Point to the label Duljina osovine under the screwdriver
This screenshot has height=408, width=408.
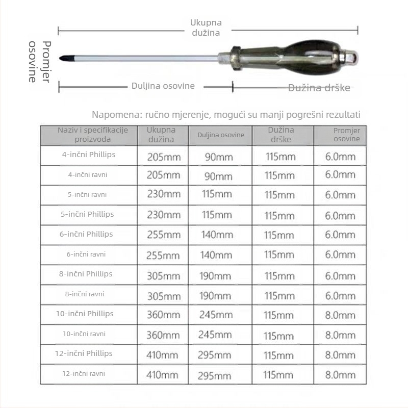(x=163, y=86)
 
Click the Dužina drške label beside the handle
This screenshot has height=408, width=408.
(x=319, y=88)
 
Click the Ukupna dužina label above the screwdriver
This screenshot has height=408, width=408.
(x=206, y=28)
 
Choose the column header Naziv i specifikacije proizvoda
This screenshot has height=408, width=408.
(x=89, y=135)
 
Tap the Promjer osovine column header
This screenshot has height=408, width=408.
(x=347, y=135)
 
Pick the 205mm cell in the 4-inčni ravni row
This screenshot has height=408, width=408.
(x=163, y=175)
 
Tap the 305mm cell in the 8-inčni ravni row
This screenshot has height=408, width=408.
(x=163, y=295)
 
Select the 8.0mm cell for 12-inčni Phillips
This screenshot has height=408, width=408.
(x=340, y=355)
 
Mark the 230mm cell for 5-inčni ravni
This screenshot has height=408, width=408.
(x=163, y=195)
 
